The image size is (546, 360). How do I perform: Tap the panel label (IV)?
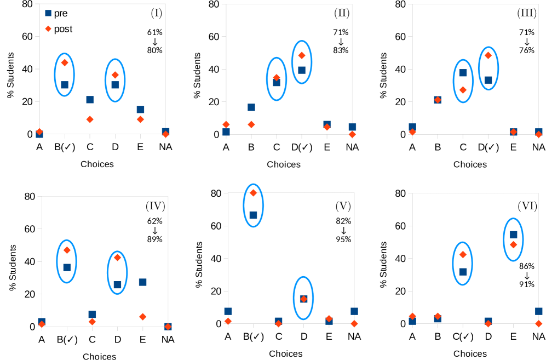point(155,206)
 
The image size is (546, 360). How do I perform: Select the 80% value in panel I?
point(154,50)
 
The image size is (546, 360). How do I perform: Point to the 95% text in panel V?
point(343,239)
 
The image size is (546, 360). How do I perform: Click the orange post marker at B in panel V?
point(253,193)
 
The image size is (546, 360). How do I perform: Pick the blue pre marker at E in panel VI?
point(513,235)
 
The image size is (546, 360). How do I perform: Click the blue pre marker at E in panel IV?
point(142,282)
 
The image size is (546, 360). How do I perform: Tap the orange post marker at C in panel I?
point(90,119)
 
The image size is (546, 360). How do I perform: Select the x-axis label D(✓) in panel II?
point(302,147)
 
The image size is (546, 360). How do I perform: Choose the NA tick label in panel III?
point(538,147)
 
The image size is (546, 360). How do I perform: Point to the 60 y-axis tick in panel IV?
point(28,229)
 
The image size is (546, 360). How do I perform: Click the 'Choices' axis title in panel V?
point(285,354)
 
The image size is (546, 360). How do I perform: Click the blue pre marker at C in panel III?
point(463,73)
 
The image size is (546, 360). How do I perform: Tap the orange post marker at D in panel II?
point(302,55)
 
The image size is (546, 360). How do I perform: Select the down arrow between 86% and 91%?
point(527,275)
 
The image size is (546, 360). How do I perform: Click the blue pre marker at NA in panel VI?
point(538,311)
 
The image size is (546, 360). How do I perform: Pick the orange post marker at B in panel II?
point(251,124)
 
